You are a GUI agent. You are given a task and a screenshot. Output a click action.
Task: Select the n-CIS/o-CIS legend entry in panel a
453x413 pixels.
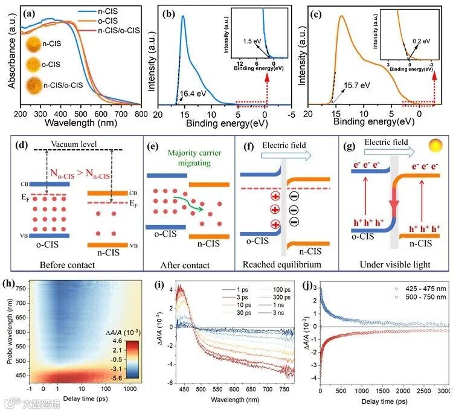click(x=114, y=30)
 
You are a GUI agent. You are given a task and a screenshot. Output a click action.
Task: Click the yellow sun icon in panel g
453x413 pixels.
click(x=435, y=147)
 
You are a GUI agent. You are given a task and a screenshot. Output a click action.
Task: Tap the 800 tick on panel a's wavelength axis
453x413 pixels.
click(x=140, y=114)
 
